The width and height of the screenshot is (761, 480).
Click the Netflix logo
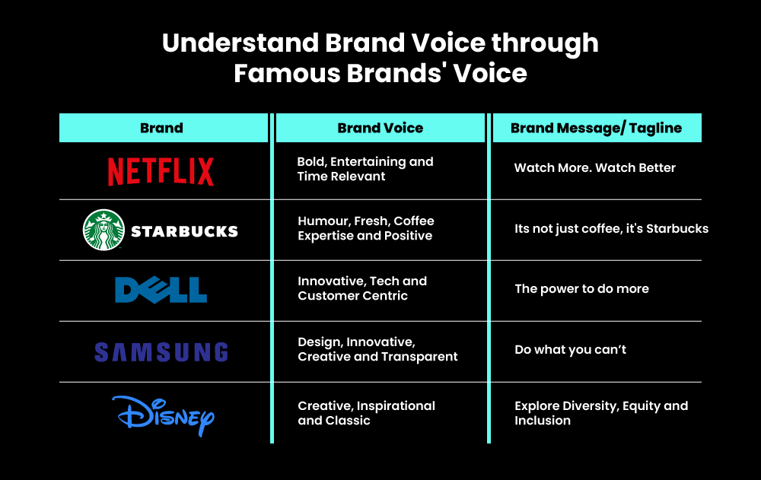[x=161, y=171]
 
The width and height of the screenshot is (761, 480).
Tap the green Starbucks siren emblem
[x=103, y=230]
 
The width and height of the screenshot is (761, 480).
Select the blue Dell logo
[x=161, y=290]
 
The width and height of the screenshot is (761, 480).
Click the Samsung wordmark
[x=161, y=351]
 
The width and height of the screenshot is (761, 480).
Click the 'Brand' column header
[x=162, y=128]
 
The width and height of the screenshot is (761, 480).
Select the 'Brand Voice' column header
[x=380, y=128]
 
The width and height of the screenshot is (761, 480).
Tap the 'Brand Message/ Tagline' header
[x=596, y=128]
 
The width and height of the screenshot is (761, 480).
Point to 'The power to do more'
[x=581, y=289]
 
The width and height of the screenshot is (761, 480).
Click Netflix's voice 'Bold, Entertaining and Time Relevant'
[x=365, y=169]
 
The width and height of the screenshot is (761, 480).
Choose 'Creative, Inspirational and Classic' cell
[x=366, y=413]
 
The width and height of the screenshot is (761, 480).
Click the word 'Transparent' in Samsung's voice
[x=423, y=357]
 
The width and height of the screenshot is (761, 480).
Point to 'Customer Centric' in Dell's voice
[x=352, y=296]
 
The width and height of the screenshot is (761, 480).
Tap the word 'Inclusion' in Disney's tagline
[x=542, y=421]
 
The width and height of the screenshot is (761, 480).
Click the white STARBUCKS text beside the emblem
[x=184, y=231]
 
